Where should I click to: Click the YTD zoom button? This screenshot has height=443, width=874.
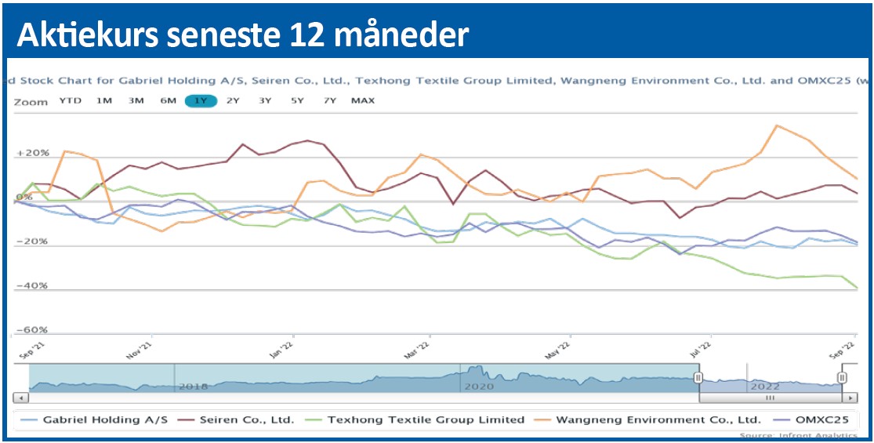pyautogui.click(x=71, y=100)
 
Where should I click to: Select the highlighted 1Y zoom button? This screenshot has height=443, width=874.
pyautogui.click(x=201, y=100)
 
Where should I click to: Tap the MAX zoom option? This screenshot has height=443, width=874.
pyautogui.click(x=363, y=100)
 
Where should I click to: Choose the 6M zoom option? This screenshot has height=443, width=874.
pyautogui.click(x=168, y=100)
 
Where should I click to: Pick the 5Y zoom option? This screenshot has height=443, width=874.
pyautogui.click(x=297, y=100)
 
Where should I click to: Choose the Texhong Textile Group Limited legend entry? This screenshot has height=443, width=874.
pyautogui.click(x=426, y=419)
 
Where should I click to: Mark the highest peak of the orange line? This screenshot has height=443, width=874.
pyautogui.click(x=776, y=125)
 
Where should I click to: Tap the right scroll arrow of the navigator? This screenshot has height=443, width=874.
pyautogui.click(x=852, y=399)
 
